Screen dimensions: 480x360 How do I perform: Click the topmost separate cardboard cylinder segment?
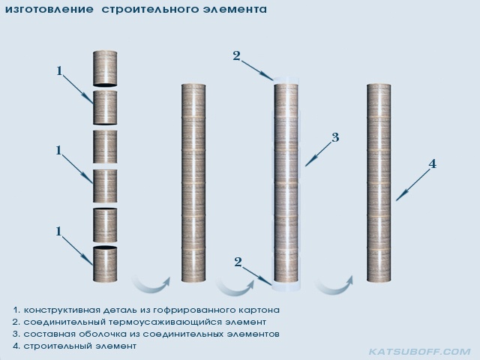[105, 68]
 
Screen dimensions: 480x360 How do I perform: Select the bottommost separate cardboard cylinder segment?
[105, 263]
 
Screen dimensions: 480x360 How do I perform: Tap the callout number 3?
[335, 137]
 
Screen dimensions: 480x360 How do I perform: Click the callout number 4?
[432, 164]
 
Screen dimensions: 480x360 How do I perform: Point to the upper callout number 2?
[237, 56]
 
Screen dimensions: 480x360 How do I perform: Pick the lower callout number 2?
[238, 262]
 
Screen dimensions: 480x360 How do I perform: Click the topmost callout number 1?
[59, 71]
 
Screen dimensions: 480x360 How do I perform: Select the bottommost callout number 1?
[58, 232]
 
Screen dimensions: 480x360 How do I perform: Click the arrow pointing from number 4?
[412, 185]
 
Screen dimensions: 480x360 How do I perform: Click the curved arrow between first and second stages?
[151, 285]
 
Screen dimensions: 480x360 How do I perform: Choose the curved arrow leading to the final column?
[334, 285]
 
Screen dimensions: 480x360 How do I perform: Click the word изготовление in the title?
[49, 9]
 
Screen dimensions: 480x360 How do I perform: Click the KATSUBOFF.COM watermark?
[420, 352]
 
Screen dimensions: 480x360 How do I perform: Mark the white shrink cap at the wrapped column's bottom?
[286, 286]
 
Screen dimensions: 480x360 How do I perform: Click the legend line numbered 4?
[75, 346]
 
